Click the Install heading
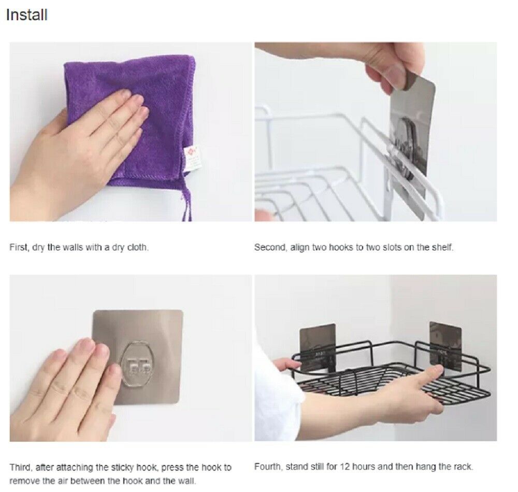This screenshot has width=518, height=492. pyautogui.click(x=27, y=15)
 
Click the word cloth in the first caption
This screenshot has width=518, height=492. pyautogui.click(x=138, y=247)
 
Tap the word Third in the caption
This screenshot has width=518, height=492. pyautogui.click(x=21, y=468)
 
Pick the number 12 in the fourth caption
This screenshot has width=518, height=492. pyautogui.click(x=344, y=467)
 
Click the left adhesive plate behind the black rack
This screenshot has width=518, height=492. pyautogui.click(x=318, y=347)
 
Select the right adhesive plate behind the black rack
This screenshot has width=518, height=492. pyautogui.click(x=445, y=346)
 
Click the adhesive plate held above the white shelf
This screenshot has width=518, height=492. pyautogui.click(x=412, y=132)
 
